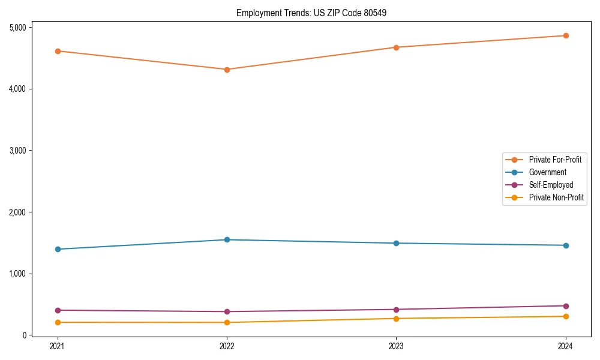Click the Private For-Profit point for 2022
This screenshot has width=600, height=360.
pos(227,70)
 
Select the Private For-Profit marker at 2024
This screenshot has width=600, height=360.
pos(566,35)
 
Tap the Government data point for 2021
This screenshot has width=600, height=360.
pos(58,249)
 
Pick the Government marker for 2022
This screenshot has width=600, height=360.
pos(227,240)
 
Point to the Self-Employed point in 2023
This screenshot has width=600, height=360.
pos(396,310)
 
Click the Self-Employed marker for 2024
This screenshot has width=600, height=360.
pos(566,306)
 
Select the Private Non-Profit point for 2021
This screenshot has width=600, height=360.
pos(58,322)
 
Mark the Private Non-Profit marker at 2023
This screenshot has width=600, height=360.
pos(396,319)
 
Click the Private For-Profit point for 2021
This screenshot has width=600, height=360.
pos(58,51)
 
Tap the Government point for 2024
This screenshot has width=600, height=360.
pos(566,245)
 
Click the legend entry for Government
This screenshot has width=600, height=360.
pos(547,172)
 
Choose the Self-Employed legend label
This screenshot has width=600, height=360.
pos(551,185)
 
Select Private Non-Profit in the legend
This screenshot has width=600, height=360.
pos(556,197)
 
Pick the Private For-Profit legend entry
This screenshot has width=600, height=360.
pos(555,160)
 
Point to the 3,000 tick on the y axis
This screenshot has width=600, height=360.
pos(17,150)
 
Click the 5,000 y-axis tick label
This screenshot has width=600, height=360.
pos(17,27)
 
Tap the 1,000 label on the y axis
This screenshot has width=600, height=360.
pos(17,274)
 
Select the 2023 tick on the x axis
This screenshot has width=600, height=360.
pos(396,346)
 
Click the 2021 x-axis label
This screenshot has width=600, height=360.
pos(58,346)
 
